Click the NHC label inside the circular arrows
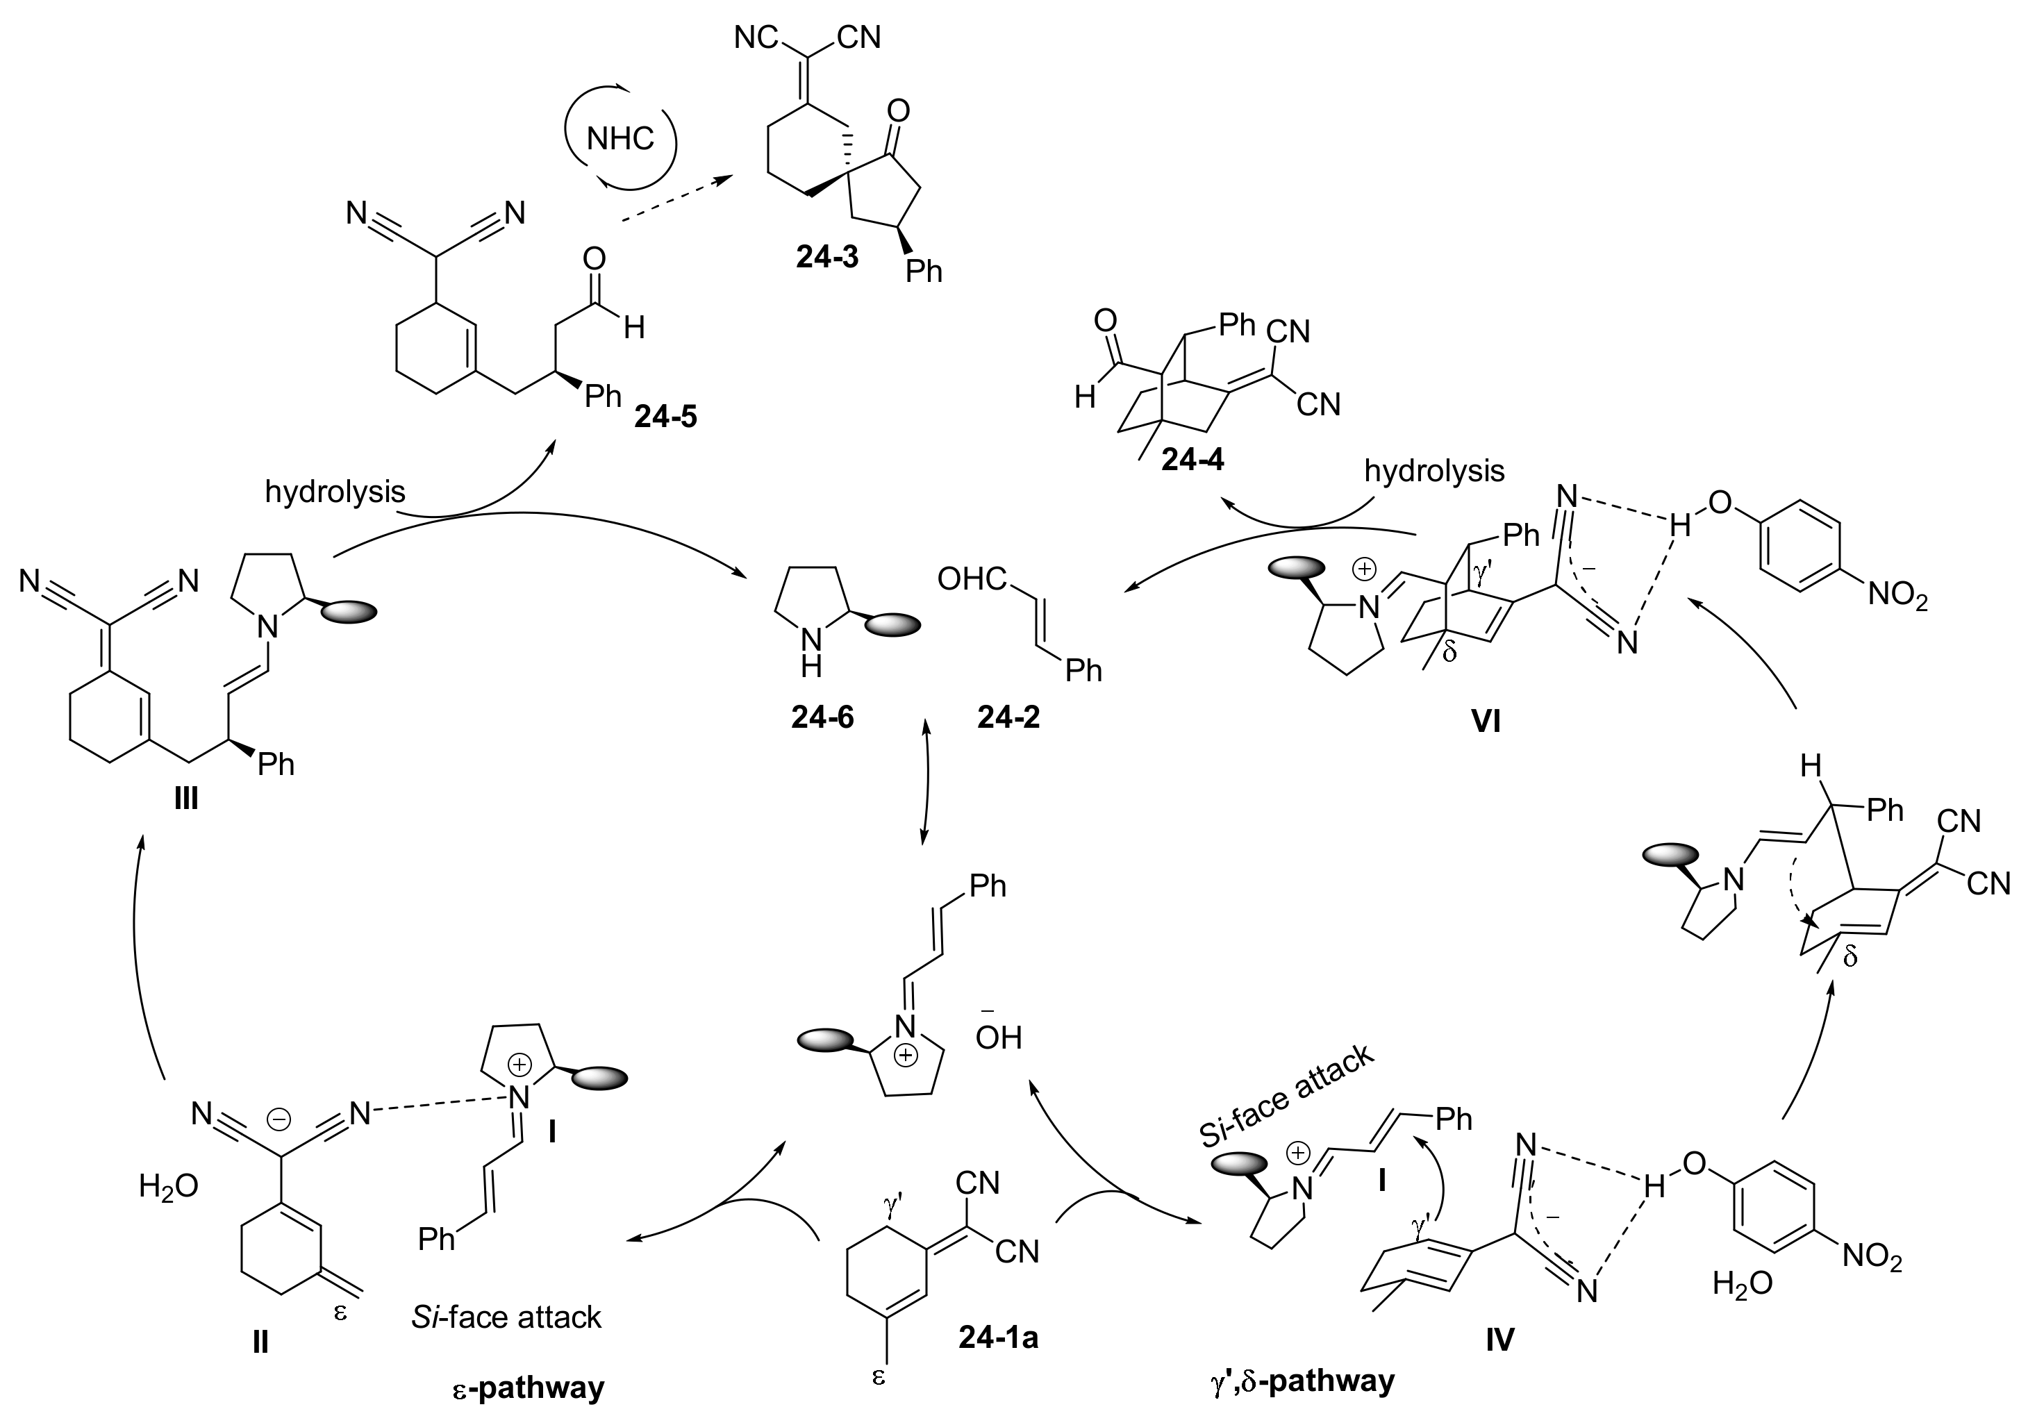[x=620, y=139]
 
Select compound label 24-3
[x=826, y=257]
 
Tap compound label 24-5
[x=665, y=416]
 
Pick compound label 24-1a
[x=998, y=1338]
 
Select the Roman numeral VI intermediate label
[x=1486, y=722]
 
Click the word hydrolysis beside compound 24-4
[x=1433, y=471]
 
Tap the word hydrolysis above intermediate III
[x=335, y=492]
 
